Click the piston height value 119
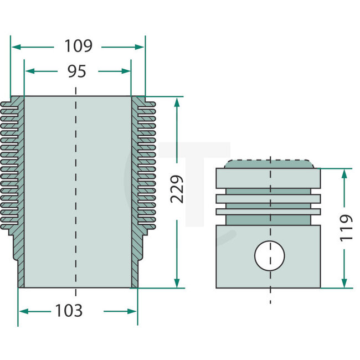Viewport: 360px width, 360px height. [346, 228]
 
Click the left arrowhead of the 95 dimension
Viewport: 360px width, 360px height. [29, 71]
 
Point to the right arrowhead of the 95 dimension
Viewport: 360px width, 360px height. [126, 71]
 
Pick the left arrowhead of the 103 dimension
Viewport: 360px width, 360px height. [23, 311]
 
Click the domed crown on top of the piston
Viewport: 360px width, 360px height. [270, 164]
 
